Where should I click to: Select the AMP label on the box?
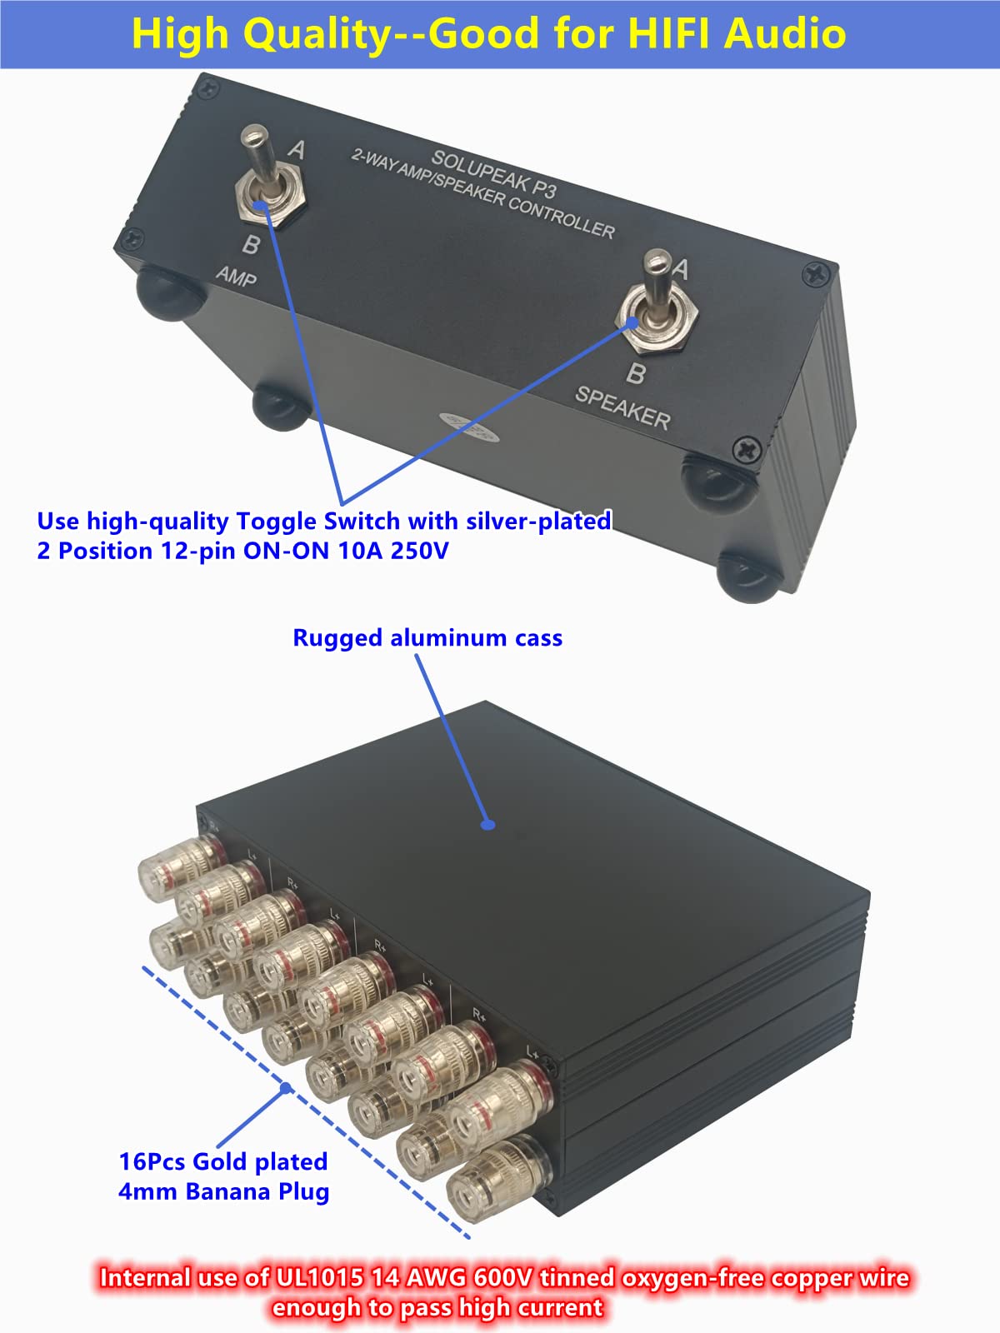tap(236, 276)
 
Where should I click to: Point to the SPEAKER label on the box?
tap(622, 407)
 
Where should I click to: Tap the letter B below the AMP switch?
tap(251, 245)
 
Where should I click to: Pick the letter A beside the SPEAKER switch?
tap(681, 269)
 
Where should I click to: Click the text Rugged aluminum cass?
tap(427, 638)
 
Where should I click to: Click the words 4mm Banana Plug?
tap(223, 1191)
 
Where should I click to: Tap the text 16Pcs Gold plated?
tap(222, 1161)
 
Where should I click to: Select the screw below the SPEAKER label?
tap(746, 451)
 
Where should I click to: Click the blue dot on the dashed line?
tap(286, 1088)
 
